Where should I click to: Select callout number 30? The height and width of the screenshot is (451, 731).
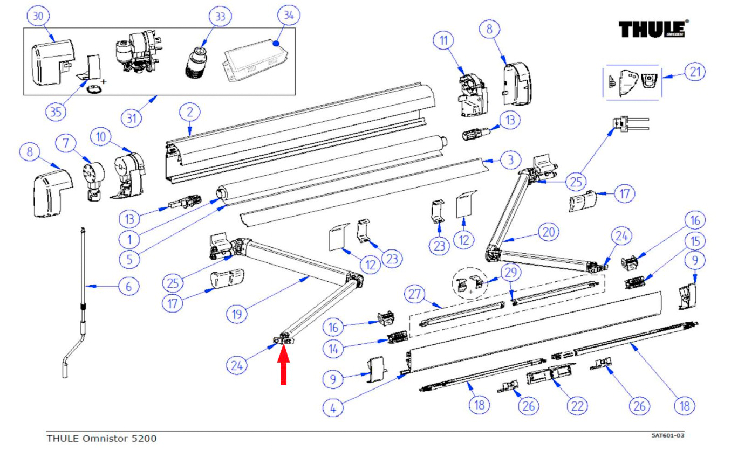[x=38, y=17]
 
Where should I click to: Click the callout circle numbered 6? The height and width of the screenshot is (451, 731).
[x=128, y=286]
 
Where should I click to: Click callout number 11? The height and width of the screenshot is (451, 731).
[x=446, y=40]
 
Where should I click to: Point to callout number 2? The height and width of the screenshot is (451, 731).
[x=189, y=113]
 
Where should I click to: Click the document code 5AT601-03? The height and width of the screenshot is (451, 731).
[x=668, y=435]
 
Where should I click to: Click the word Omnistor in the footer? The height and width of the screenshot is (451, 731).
[x=110, y=439]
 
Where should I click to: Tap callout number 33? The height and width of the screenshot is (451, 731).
[x=220, y=17]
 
